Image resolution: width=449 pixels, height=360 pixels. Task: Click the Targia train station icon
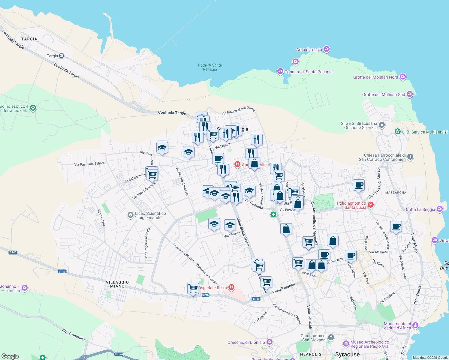tap(62, 56)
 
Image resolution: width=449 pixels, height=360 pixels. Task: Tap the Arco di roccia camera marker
tap(327, 49)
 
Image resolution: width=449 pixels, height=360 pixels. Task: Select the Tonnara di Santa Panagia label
tap(309, 72)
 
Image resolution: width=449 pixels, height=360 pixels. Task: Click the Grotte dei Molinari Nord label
tap(375, 77)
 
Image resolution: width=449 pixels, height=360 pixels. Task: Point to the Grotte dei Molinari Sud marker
tap(410, 94)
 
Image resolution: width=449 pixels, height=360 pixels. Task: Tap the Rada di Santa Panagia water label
tap(210, 67)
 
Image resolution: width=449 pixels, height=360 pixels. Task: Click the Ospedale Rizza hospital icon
tap(231, 287)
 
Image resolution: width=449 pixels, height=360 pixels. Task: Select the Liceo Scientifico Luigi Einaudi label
tap(150, 215)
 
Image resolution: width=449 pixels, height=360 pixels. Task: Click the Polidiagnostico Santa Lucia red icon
tap(371, 205)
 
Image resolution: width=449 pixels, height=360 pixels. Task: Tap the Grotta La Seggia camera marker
tap(440, 209)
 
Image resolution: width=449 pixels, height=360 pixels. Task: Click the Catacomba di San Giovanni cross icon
tap(331, 337)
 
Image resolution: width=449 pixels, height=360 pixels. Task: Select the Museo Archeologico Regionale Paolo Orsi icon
tap(346, 344)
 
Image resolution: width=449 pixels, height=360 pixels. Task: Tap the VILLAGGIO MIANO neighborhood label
tap(117, 284)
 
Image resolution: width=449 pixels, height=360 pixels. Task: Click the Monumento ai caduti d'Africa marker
tap(415, 325)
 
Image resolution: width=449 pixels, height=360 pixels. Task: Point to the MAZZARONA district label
tap(396, 193)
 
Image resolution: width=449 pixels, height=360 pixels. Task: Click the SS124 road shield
tap(119, 354)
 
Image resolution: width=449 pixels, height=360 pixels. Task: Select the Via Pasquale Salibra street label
tap(89, 164)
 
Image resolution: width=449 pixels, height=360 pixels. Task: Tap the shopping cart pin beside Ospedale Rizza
tap(193, 289)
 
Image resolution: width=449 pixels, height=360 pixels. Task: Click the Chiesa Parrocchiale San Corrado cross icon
tap(410, 157)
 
